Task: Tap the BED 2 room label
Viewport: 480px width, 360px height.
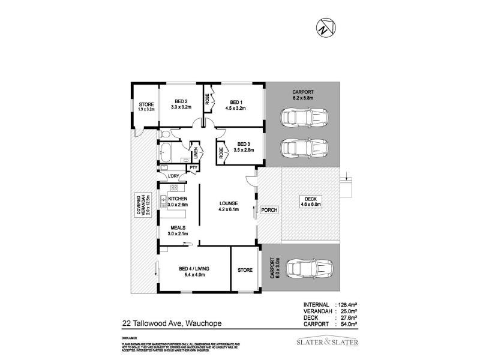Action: (x=181, y=101)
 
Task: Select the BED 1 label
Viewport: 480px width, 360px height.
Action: (x=236, y=101)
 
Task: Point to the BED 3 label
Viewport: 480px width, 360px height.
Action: (x=243, y=143)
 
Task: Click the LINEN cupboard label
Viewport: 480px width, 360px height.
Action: (x=194, y=151)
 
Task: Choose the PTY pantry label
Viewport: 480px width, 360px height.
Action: (x=193, y=167)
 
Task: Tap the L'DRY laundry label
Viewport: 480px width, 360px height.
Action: (x=174, y=176)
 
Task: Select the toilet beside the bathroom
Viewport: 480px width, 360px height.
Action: (x=165, y=134)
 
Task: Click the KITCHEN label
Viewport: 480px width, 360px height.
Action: (x=178, y=199)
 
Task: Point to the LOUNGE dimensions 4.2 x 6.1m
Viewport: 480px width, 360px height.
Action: (x=229, y=210)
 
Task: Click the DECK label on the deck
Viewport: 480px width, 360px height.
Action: (x=310, y=199)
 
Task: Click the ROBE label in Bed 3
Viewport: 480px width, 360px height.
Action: (x=221, y=152)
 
